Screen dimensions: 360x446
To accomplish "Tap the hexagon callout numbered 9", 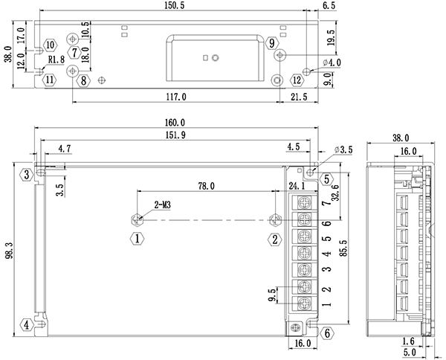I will click(273, 43).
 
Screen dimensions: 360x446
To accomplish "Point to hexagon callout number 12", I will click(297, 80).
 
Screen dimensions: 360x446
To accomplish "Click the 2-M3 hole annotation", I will click(163, 203).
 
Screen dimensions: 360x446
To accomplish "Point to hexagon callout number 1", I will click(137, 239).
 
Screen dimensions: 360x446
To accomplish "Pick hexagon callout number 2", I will click(275, 239).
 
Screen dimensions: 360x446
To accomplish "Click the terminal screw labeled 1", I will click(305, 303).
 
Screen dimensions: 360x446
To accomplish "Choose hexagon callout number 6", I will click(326, 332).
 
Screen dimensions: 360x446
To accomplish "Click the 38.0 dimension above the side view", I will click(400, 138).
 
